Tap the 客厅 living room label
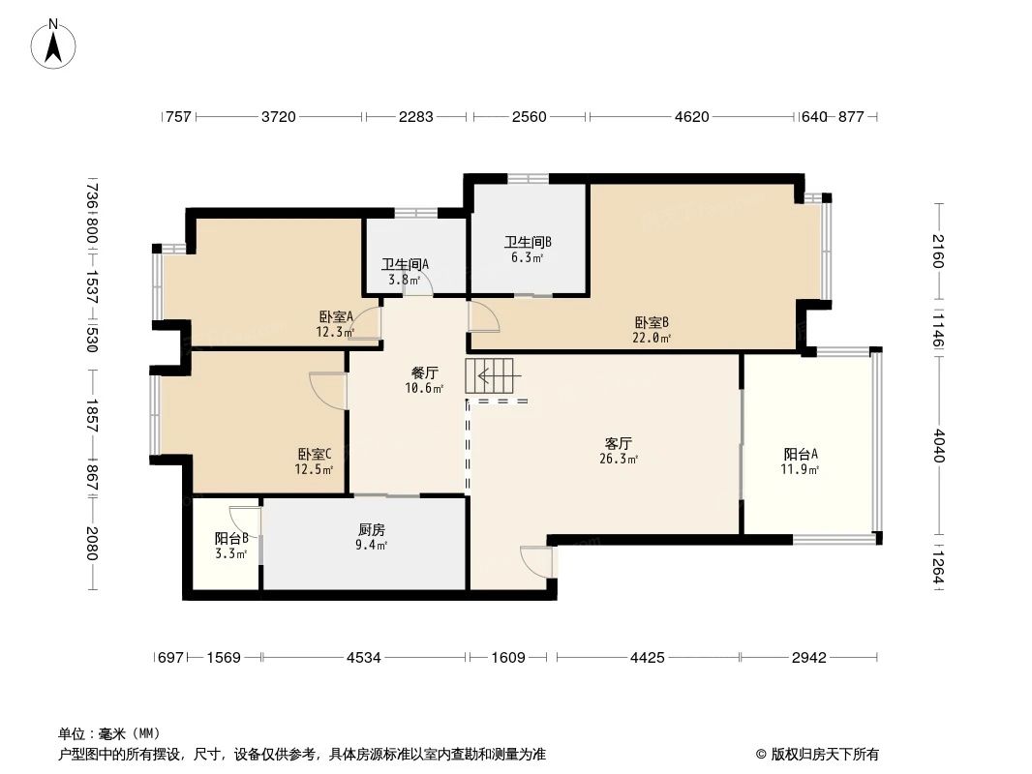pyautogui.click(x=619, y=443)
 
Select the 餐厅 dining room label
pyautogui.click(x=425, y=372)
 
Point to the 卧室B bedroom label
pyautogui.click(x=653, y=322)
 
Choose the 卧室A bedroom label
pyautogui.click(x=336, y=316)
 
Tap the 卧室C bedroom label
pyautogui.click(x=315, y=454)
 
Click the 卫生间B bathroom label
pyautogui.click(x=528, y=243)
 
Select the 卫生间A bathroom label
pyautogui.click(x=405, y=264)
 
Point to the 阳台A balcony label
pyautogui.click(x=801, y=454)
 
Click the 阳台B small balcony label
pyautogui.click(x=231, y=539)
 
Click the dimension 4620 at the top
pyautogui.click(x=691, y=117)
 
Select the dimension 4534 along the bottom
pyautogui.click(x=364, y=658)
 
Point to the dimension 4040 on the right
pyautogui.click(x=938, y=445)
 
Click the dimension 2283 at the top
pyautogui.click(x=415, y=117)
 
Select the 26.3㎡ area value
pyautogui.click(x=619, y=460)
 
